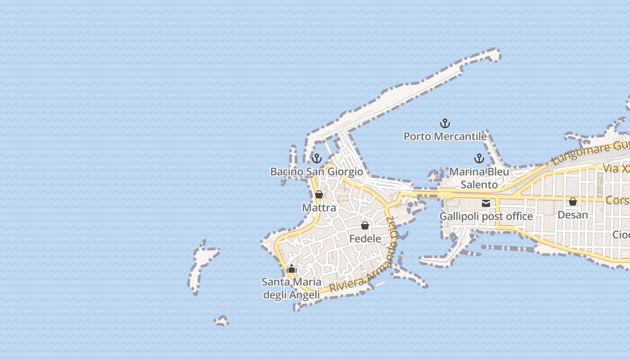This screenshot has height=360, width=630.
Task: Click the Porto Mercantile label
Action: (445, 136)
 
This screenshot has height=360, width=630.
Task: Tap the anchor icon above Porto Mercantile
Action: (445, 123)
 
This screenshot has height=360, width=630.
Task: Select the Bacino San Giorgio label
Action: (316, 171)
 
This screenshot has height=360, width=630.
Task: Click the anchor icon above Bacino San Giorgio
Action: (317, 158)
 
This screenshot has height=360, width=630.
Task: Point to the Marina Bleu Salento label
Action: (479, 178)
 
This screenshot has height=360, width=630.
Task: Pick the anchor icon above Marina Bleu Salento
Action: (479, 158)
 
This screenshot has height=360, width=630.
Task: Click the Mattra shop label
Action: (319, 207)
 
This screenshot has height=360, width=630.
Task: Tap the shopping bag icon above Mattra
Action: (319, 194)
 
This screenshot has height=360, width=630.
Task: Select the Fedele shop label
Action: (365, 238)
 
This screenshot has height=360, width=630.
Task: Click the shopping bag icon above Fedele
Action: (365, 225)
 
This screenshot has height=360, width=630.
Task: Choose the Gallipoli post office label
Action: (486, 216)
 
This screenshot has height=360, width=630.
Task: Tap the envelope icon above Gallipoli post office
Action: (486, 203)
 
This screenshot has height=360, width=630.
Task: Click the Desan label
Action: (573, 215)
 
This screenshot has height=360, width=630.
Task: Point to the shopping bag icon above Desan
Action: (573, 202)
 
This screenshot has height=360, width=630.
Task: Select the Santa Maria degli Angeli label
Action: (292, 288)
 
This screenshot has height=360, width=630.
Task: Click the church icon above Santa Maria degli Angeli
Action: (292, 269)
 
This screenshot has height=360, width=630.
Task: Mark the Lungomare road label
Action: (589, 153)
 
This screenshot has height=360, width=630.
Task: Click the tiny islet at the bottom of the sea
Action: (221, 321)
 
